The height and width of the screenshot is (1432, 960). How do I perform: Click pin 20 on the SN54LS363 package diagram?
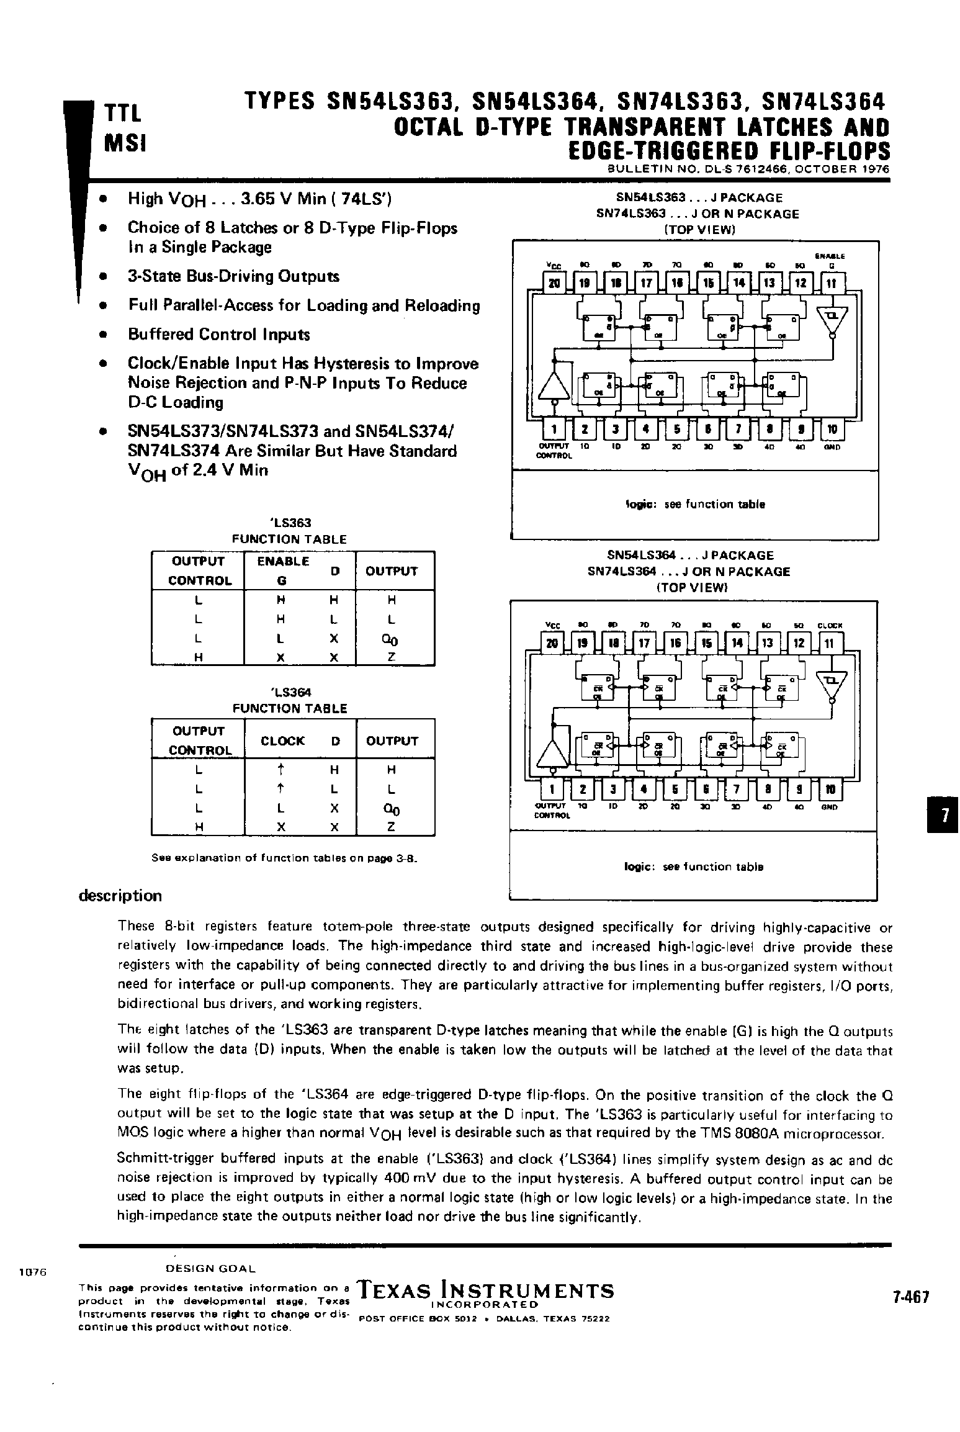point(554,284)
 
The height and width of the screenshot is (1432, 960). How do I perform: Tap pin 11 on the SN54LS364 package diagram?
point(830,643)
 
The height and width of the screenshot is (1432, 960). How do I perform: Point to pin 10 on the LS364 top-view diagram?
point(830,789)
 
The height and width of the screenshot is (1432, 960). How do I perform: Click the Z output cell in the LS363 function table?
point(392,657)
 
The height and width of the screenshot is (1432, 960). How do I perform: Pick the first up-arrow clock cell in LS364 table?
point(281,770)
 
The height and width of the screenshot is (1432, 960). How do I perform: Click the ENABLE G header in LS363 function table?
point(283,570)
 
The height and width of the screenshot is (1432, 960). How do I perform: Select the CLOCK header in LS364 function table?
point(283,741)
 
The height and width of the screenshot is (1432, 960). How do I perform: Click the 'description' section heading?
point(120,895)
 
